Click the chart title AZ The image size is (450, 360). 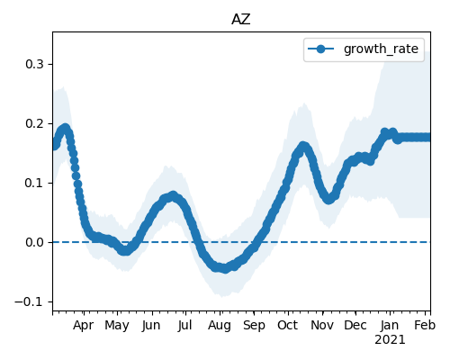point(241,20)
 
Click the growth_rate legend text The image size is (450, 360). point(381,49)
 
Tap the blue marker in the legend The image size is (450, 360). point(320,49)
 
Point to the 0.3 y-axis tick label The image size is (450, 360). point(34,64)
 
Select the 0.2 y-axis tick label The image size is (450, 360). point(34,123)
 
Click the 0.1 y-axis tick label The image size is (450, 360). point(34,183)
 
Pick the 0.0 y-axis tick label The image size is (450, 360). point(34,242)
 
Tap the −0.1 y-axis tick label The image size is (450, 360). point(29,301)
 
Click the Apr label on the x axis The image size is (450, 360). point(83,326)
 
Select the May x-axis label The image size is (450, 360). point(117,326)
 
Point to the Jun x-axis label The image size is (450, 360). point(151,326)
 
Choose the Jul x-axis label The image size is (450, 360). point(184,326)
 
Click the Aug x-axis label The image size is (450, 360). point(220,326)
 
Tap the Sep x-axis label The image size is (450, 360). point(254,326)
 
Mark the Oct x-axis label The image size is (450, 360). point(288,326)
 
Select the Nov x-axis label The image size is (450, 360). point(322,326)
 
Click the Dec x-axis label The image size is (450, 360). point(355,326)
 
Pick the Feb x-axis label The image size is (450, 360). point(425,326)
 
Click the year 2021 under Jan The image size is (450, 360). point(390,340)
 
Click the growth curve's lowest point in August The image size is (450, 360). point(225,268)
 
